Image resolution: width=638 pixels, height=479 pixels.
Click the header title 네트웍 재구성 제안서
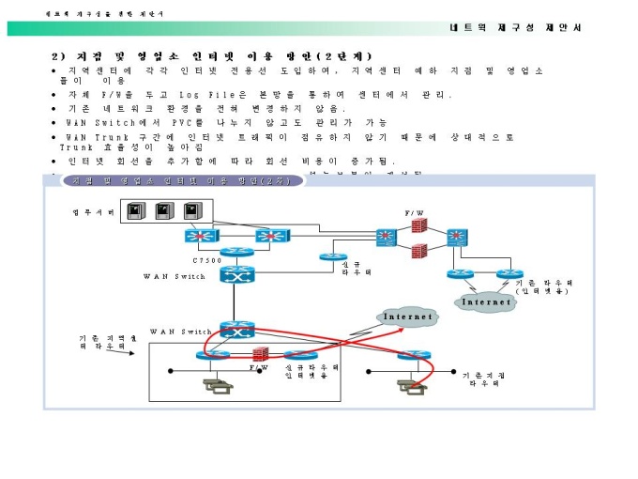pos(515,27)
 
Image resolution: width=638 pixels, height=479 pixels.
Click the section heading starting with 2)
pos(212,56)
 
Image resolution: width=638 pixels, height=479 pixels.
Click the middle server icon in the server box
pos(165,210)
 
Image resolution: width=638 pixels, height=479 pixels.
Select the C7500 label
pos(207,259)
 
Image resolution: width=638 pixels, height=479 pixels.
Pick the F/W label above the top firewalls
pos(415,215)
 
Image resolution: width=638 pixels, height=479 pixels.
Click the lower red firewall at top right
pos(418,251)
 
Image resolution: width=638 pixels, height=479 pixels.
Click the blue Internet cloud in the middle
pos(408,317)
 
